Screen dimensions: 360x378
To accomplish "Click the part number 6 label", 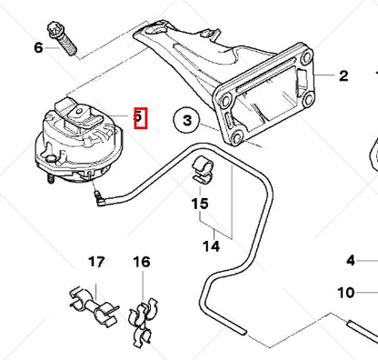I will pyautogui.click(x=38, y=46).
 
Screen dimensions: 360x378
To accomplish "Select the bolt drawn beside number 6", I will pyautogui.click(x=70, y=40).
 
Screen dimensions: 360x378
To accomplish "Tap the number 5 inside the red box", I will pyautogui.click(x=139, y=116).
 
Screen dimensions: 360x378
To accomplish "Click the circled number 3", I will pyautogui.click(x=186, y=119).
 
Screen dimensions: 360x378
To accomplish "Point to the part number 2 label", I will pyautogui.click(x=343, y=76).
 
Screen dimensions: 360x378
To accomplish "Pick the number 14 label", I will pyautogui.click(x=211, y=245).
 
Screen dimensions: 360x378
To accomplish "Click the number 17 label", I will pyautogui.click(x=96, y=263).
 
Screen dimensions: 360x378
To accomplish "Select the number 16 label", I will pyautogui.click(x=141, y=263).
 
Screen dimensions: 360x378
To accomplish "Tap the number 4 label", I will pyautogui.click(x=350, y=261).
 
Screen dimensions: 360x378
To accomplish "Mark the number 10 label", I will pyautogui.click(x=345, y=293).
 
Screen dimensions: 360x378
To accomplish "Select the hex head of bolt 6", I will pyautogui.click(x=66, y=28).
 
